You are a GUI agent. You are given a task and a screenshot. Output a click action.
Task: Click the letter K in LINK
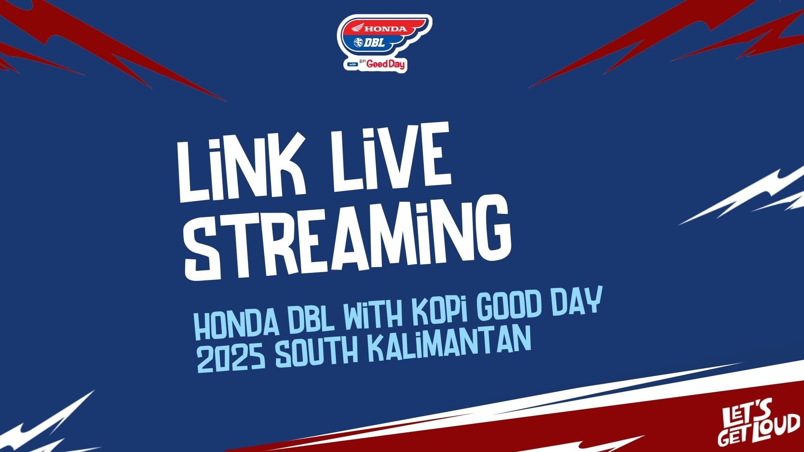[x=274, y=168]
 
